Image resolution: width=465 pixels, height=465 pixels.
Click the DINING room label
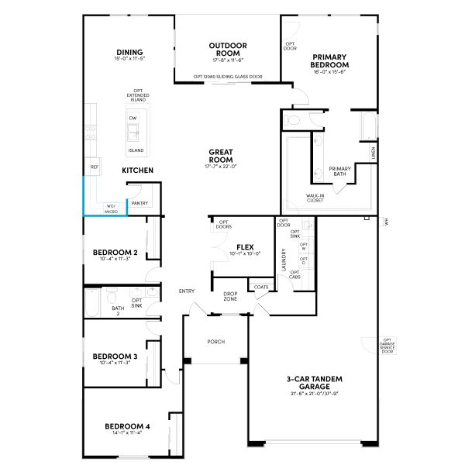point(129,53)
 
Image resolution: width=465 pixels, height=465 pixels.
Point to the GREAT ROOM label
point(221,156)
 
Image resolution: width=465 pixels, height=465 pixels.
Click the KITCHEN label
point(137,170)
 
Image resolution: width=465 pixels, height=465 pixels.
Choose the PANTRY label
point(139,203)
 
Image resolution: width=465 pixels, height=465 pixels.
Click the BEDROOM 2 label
point(115,253)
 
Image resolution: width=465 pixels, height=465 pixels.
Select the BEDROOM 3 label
point(115,356)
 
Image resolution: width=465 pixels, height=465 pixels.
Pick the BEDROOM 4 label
point(127,426)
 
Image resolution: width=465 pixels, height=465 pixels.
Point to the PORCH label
point(215,342)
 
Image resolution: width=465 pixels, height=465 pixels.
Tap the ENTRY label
point(187,291)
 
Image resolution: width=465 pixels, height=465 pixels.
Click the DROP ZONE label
point(230,295)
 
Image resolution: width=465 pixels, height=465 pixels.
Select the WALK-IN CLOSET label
point(315,198)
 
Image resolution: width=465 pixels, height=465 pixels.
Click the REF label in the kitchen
point(95,167)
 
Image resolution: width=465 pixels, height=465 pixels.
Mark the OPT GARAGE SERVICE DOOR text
point(387,344)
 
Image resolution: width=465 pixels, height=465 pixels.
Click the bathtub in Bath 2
point(94,303)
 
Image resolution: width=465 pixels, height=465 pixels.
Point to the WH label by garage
point(386,222)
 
